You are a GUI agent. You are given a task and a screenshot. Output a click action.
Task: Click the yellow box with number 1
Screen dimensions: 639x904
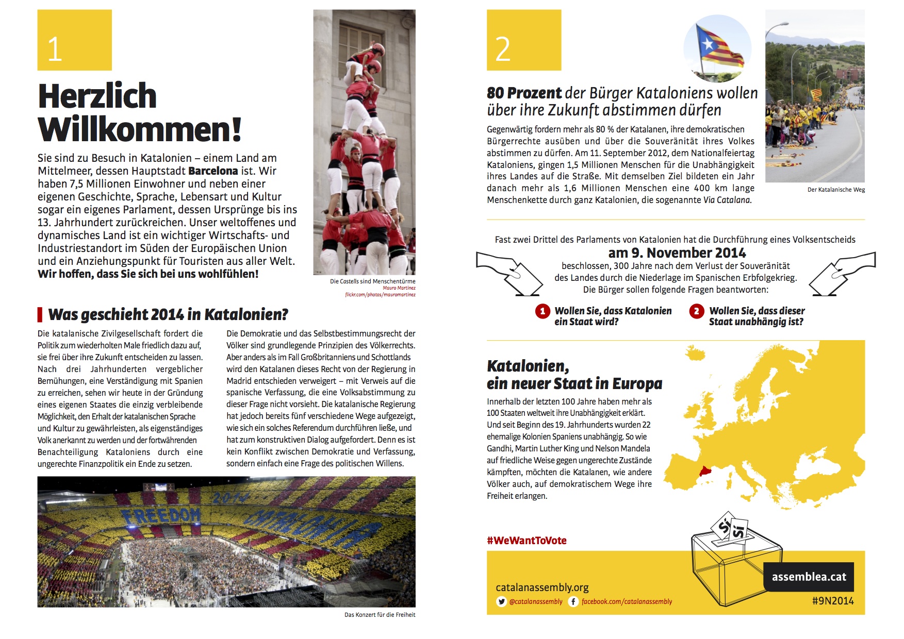pos(74,40)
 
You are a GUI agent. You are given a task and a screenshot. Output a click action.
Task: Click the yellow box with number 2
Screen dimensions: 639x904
pos(523,40)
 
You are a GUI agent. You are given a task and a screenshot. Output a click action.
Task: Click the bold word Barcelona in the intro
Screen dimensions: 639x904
pos(213,171)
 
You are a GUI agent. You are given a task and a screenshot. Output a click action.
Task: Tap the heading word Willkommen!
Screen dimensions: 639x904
pos(140,129)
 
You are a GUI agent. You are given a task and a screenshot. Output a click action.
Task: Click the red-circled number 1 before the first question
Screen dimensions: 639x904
pos(542,311)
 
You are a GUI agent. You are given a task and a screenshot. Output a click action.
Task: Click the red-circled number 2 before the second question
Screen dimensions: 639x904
pos(696,311)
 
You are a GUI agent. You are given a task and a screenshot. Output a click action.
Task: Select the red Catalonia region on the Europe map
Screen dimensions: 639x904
pos(704,471)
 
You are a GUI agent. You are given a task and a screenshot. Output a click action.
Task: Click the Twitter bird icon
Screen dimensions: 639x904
pos(501,601)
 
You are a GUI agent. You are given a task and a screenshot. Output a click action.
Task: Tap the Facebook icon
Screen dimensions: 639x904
pos(573,601)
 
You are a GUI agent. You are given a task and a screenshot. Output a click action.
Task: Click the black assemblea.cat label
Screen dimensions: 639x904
pos(809,577)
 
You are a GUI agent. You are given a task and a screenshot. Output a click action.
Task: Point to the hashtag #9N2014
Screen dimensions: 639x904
pos(832,601)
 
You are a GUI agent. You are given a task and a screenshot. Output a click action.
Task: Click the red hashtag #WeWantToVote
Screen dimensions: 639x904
pos(527,541)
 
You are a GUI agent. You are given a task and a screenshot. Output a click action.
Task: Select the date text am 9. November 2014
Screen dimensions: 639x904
pos(677,253)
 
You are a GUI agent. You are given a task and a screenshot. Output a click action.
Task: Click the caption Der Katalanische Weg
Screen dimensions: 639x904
pos(836,190)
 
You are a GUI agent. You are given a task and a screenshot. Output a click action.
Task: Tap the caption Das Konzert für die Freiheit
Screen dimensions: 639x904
pos(380,615)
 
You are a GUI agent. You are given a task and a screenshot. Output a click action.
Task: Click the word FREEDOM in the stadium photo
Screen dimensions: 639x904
pos(161,515)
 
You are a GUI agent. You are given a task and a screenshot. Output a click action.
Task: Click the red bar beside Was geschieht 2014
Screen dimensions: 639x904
pos(40,314)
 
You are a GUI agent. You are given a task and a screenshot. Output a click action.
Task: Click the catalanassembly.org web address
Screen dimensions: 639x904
pos(542,587)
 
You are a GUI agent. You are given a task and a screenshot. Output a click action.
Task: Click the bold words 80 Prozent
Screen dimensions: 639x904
pos(524,93)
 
